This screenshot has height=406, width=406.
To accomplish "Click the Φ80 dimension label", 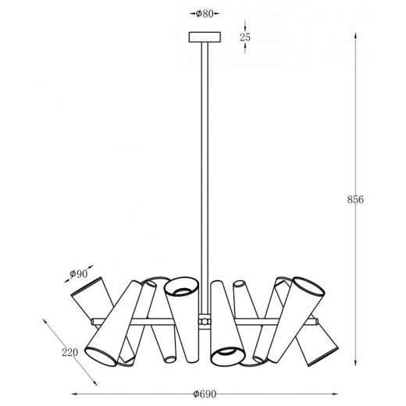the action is (x=205, y=14).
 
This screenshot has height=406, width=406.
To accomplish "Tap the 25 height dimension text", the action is (x=245, y=37).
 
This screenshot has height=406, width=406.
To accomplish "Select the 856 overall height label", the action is (x=355, y=200).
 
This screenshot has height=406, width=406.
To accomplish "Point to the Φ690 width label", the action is (x=205, y=394).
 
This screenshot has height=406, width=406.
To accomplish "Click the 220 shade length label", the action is (x=69, y=353).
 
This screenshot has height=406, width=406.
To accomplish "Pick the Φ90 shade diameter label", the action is (x=79, y=274).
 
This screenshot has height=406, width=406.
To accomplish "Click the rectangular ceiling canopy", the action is (x=205, y=37).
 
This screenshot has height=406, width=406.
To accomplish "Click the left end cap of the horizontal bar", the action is (x=93, y=322).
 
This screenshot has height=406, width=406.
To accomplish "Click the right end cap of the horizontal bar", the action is (x=316, y=322).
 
